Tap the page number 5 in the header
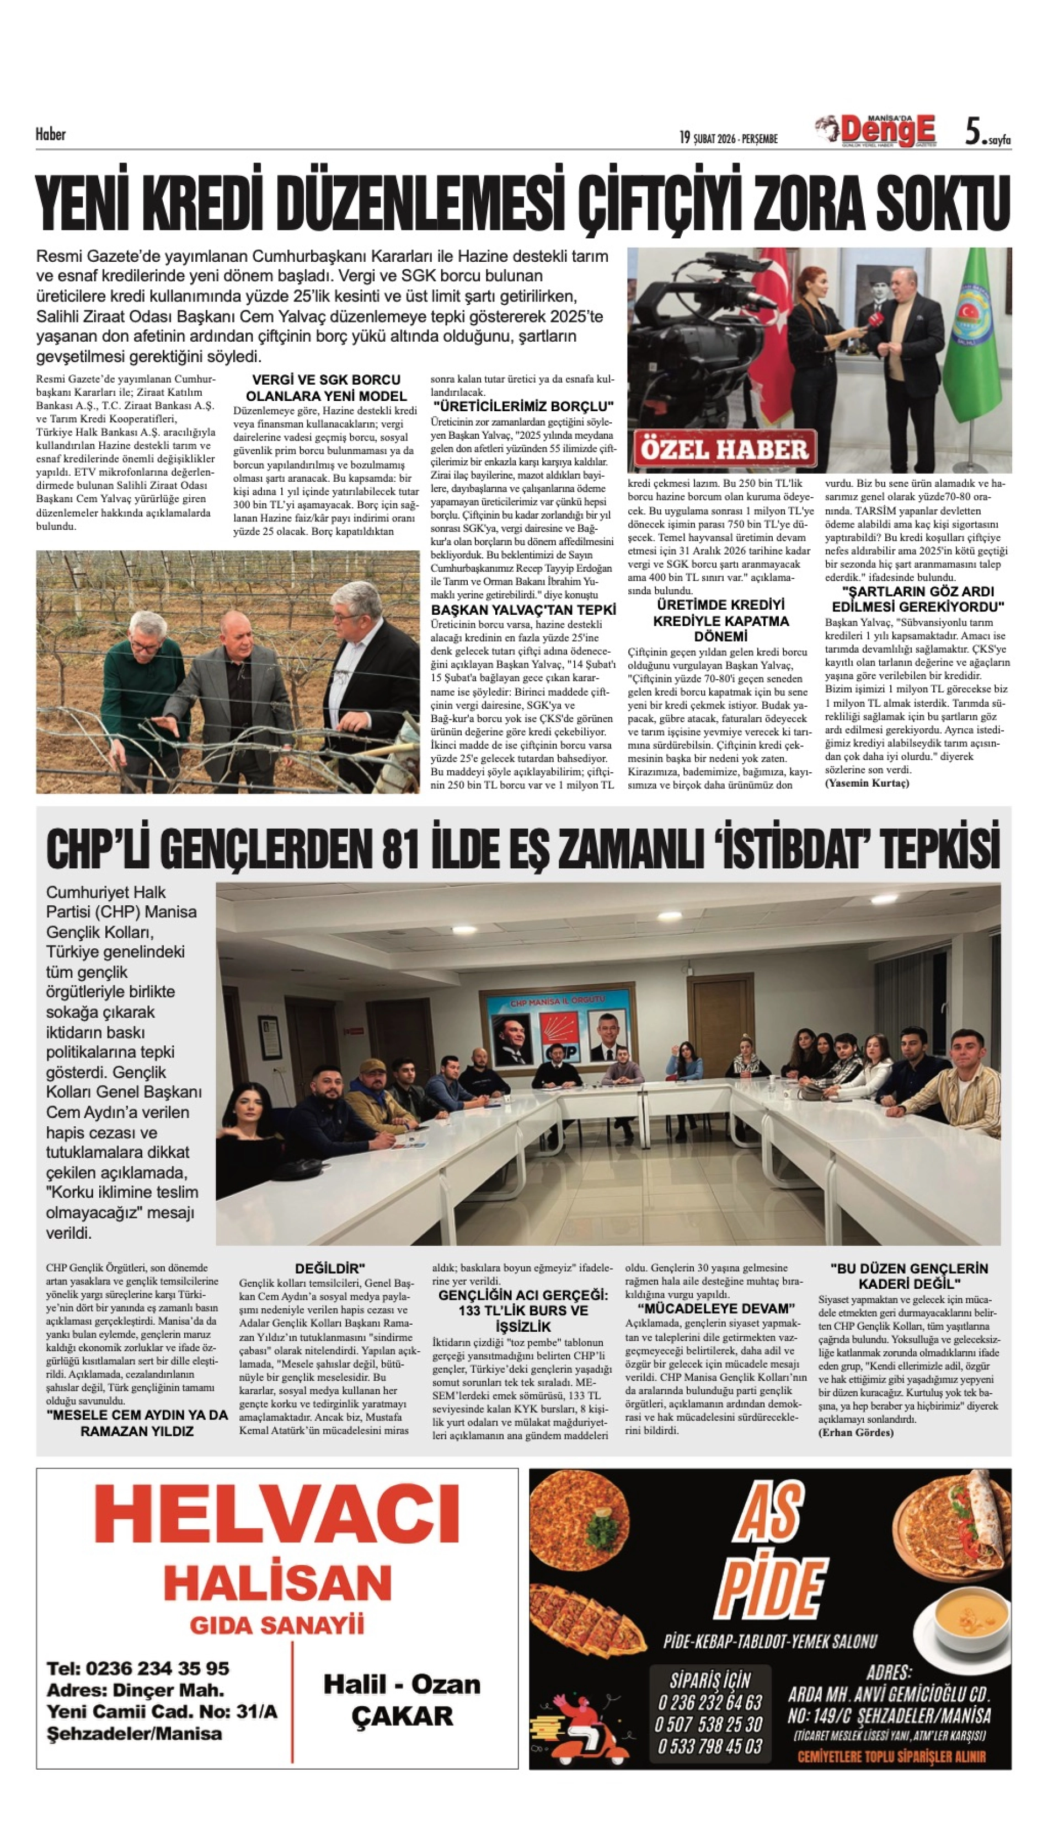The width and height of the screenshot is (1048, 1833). tap(973, 132)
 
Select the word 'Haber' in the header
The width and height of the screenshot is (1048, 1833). tap(50, 135)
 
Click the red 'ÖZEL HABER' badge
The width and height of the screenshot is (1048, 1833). tap(725, 450)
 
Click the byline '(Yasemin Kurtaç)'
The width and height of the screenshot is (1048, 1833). tap(867, 783)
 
